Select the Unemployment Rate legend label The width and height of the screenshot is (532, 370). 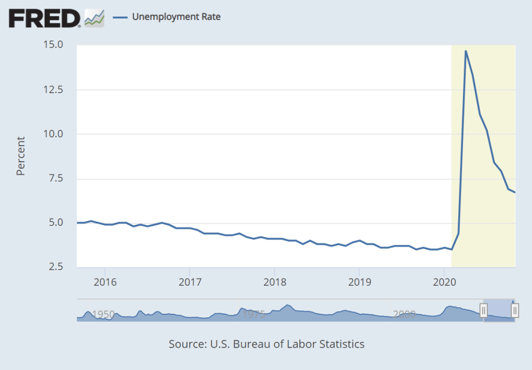click(x=176, y=17)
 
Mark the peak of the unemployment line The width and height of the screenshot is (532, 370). click(x=465, y=51)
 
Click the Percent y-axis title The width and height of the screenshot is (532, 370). click(x=21, y=156)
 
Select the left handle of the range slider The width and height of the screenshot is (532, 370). click(x=484, y=311)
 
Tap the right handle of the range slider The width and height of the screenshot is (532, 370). click(x=514, y=311)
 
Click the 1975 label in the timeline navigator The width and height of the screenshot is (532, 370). click(x=254, y=314)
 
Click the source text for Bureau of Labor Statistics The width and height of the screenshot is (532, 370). click(x=267, y=344)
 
